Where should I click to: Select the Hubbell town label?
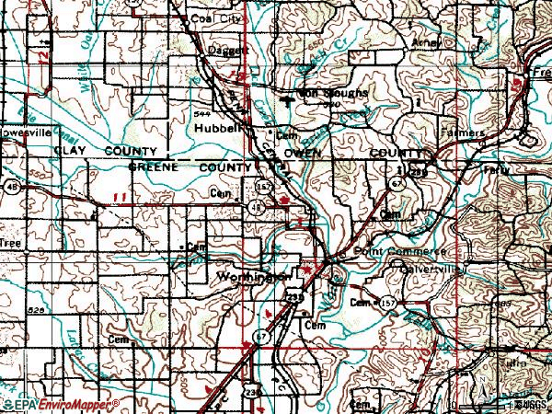[x=213, y=130]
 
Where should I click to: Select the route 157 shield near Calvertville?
[x=390, y=303]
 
